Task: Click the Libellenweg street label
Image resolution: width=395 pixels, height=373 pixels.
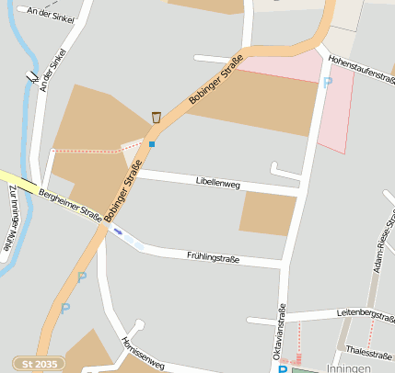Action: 218,184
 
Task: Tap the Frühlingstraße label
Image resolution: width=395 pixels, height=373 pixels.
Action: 213,258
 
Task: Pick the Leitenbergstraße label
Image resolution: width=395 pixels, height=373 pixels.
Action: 366,314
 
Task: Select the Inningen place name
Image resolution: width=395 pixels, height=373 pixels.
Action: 348,367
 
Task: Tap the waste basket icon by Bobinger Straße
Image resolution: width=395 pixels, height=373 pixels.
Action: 157,117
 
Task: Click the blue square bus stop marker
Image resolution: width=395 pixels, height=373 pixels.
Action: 152,143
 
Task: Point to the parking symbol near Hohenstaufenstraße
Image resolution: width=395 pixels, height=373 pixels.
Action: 327,83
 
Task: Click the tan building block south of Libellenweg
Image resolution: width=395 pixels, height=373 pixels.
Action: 268,213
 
